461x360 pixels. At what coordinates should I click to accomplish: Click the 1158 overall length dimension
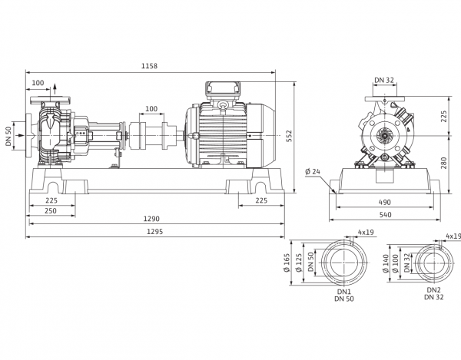[149, 66]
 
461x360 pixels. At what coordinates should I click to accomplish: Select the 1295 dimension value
[155, 232]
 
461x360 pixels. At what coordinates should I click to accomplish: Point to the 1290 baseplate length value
[151, 219]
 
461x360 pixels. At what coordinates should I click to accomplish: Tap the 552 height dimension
[289, 137]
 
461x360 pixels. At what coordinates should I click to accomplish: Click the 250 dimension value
[51, 210]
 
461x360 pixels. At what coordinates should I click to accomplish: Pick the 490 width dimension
[385, 203]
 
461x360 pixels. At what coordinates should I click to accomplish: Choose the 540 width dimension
[385, 215]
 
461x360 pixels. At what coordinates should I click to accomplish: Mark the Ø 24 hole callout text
[313, 171]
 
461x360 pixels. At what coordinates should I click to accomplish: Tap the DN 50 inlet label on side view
[8, 137]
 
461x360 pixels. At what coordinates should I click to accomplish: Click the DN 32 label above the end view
[384, 80]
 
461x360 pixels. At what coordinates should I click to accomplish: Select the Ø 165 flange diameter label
[287, 263]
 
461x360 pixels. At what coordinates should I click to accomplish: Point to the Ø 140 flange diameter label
[386, 263]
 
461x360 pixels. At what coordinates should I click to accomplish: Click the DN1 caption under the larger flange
[344, 292]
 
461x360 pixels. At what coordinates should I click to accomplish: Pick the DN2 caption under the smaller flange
[434, 290]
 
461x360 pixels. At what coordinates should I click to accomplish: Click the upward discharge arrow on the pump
[55, 89]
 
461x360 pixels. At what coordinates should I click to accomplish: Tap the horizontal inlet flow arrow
[18, 135]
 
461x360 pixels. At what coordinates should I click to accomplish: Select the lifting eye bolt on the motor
[224, 106]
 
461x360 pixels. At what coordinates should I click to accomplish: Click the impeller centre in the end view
[384, 136]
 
